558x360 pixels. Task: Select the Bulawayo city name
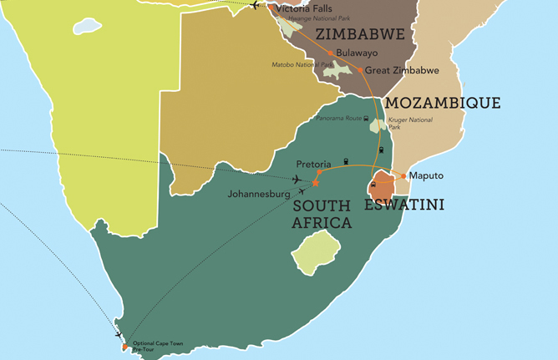[x=358, y=52]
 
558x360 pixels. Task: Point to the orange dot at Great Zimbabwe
[x=361, y=70]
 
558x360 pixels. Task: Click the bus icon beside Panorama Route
[x=368, y=119]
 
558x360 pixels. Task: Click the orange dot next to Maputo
[x=403, y=176]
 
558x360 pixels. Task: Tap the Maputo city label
[x=426, y=176]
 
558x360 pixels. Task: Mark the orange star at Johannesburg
[x=316, y=183]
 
